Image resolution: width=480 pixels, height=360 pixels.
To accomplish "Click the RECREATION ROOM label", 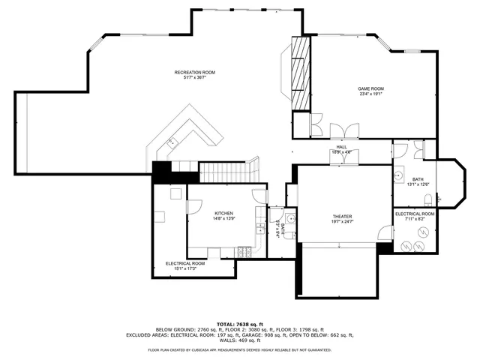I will pos(194,72).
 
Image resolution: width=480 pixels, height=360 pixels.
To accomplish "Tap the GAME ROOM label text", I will pos(370,89).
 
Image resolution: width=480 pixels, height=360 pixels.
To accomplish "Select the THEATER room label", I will pos(342,216).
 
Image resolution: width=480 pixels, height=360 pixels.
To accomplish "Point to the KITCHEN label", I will pos(224,212).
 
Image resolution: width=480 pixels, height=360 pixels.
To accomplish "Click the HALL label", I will pos(341,147).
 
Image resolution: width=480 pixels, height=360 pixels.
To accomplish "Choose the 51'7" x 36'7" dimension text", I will pos(194,78).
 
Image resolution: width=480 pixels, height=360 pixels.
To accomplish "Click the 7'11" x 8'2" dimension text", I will pos(415,220).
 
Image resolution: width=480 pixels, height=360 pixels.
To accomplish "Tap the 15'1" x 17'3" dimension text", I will pos(185,268).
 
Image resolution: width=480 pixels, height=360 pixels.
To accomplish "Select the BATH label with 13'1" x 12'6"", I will pos(417,179).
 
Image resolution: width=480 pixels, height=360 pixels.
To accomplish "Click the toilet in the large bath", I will pos(427,199).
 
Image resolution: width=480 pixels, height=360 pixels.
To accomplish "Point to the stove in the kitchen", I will pos(244,251).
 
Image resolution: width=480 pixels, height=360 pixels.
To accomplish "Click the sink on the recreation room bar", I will pos(172,141).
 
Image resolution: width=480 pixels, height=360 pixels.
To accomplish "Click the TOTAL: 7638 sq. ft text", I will pos(239,323).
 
